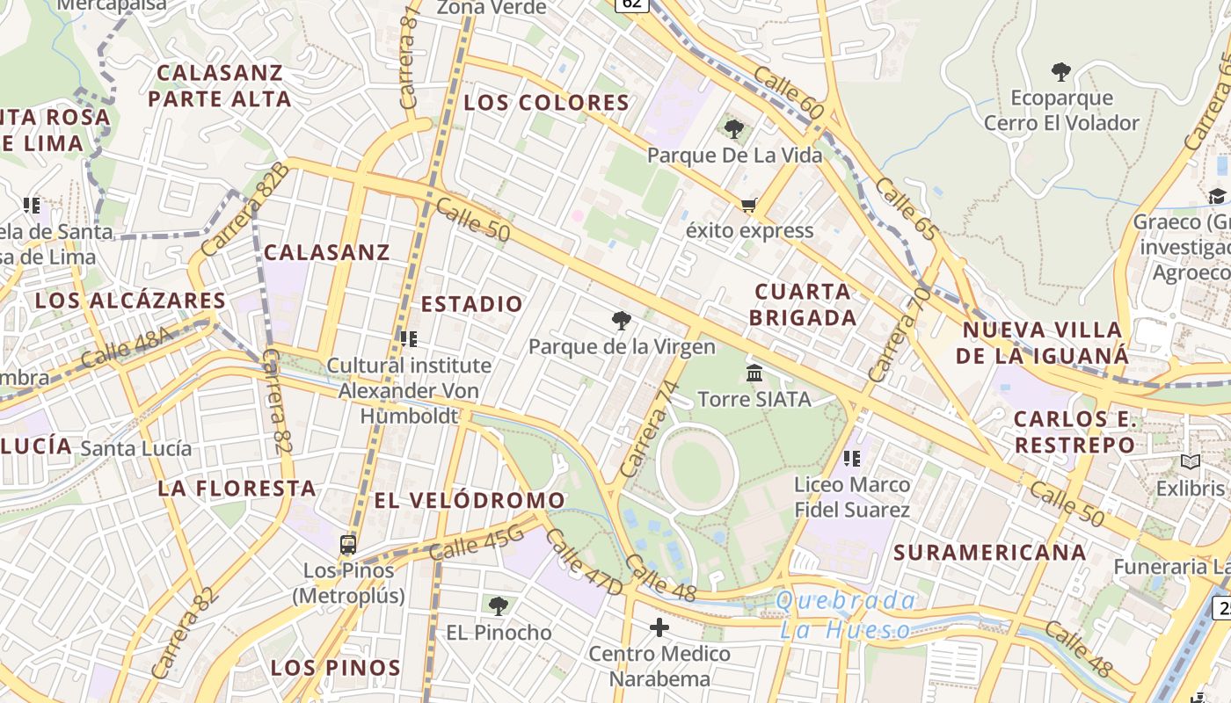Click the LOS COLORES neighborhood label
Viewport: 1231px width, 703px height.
click(x=546, y=103)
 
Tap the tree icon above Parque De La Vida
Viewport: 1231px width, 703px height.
click(x=733, y=129)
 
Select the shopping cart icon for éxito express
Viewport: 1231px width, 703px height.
click(x=748, y=206)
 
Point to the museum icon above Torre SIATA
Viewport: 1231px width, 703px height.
click(x=754, y=373)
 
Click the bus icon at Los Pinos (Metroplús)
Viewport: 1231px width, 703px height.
click(x=348, y=545)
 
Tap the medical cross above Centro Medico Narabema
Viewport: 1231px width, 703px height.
click(x=659, y=627)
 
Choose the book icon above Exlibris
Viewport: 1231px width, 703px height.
click(x=1191, y=462)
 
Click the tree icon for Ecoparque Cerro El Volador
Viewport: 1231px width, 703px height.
click(x=1061, y=71)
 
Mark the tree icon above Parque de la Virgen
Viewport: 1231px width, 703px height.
click(x=622, y=321)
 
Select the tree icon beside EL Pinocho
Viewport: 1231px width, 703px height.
click(x=498, y=605)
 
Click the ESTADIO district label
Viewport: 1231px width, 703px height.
click(x=472, y=304)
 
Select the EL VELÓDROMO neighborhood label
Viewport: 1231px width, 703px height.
click(x=470, y=500)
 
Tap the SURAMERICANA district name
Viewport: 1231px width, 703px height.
click(x=990, y=553)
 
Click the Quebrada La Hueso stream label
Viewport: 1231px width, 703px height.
click(x=846, y=615)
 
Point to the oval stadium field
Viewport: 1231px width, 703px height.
click(x=696, y=467)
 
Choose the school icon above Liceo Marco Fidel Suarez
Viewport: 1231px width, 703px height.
click(x=850, y=458)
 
